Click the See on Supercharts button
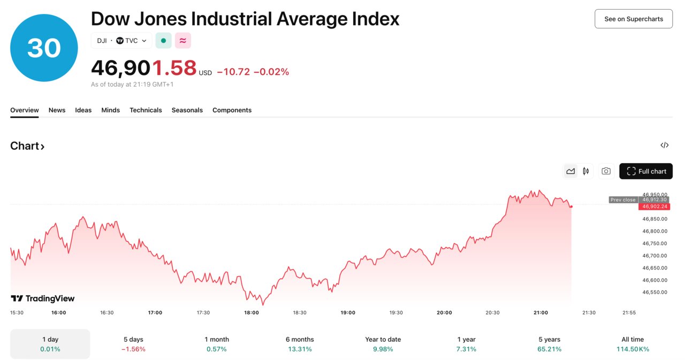point(634,19)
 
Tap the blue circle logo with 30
point(44,48)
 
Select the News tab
point(57,110)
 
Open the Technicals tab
point(146,110)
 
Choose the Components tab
point(232,110)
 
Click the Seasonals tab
point(187,110)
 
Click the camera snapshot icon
point(606,171)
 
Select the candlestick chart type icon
point(586,171)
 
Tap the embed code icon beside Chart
point(665,145)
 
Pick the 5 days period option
point(133,344)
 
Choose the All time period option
point(633,344)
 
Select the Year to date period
point(383,344)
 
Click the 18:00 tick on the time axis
point(252,312)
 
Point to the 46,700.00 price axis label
point(654,256)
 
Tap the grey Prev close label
point(623,200)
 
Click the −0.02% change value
point(271,72)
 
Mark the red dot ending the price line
point(572,206)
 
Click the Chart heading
point(27,146)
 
